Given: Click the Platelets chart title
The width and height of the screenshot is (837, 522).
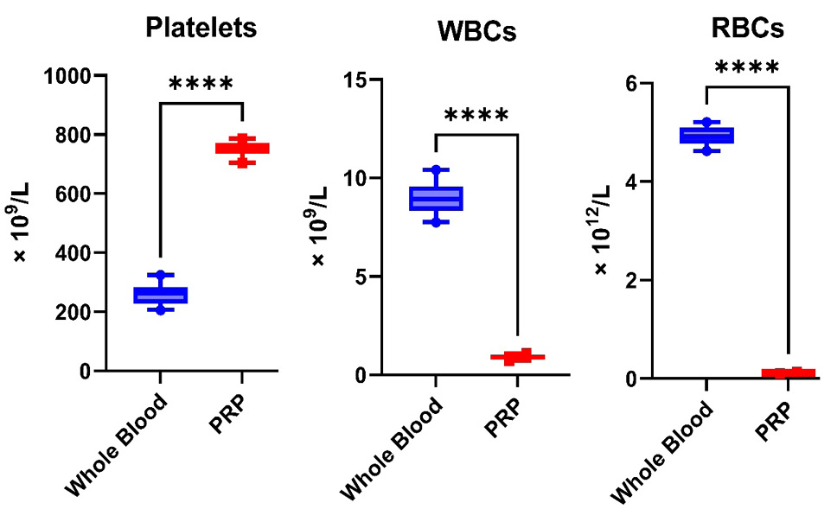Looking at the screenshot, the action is click(201, 27).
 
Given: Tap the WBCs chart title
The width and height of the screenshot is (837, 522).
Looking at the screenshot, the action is click(476, 31).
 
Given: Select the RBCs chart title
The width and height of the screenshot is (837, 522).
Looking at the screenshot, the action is click(747, 28).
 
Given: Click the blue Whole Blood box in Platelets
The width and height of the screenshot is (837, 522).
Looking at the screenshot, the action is click(160, 296).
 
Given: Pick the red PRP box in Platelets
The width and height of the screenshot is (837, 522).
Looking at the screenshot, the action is click(242, 149).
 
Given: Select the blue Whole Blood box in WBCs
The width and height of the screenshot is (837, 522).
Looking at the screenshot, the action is click(436, 199).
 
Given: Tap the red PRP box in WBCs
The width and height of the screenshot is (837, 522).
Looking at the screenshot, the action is click(518, 357).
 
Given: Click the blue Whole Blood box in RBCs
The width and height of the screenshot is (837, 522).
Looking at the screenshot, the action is click(706, 135).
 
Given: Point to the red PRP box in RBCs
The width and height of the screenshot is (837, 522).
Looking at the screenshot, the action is click(789, 373).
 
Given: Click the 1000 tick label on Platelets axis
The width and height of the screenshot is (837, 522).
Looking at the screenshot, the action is click(67, 76).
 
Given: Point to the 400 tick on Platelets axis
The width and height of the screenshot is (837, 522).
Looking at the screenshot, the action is click(73, 253).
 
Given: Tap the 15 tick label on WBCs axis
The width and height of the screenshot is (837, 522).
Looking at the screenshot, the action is click(355, 80).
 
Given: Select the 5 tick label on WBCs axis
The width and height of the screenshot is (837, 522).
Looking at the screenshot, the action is click(361, 277).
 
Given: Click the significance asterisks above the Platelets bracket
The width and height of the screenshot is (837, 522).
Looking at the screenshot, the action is click(201, 83).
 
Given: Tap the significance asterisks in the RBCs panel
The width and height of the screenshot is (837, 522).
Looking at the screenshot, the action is click(747, 67).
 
